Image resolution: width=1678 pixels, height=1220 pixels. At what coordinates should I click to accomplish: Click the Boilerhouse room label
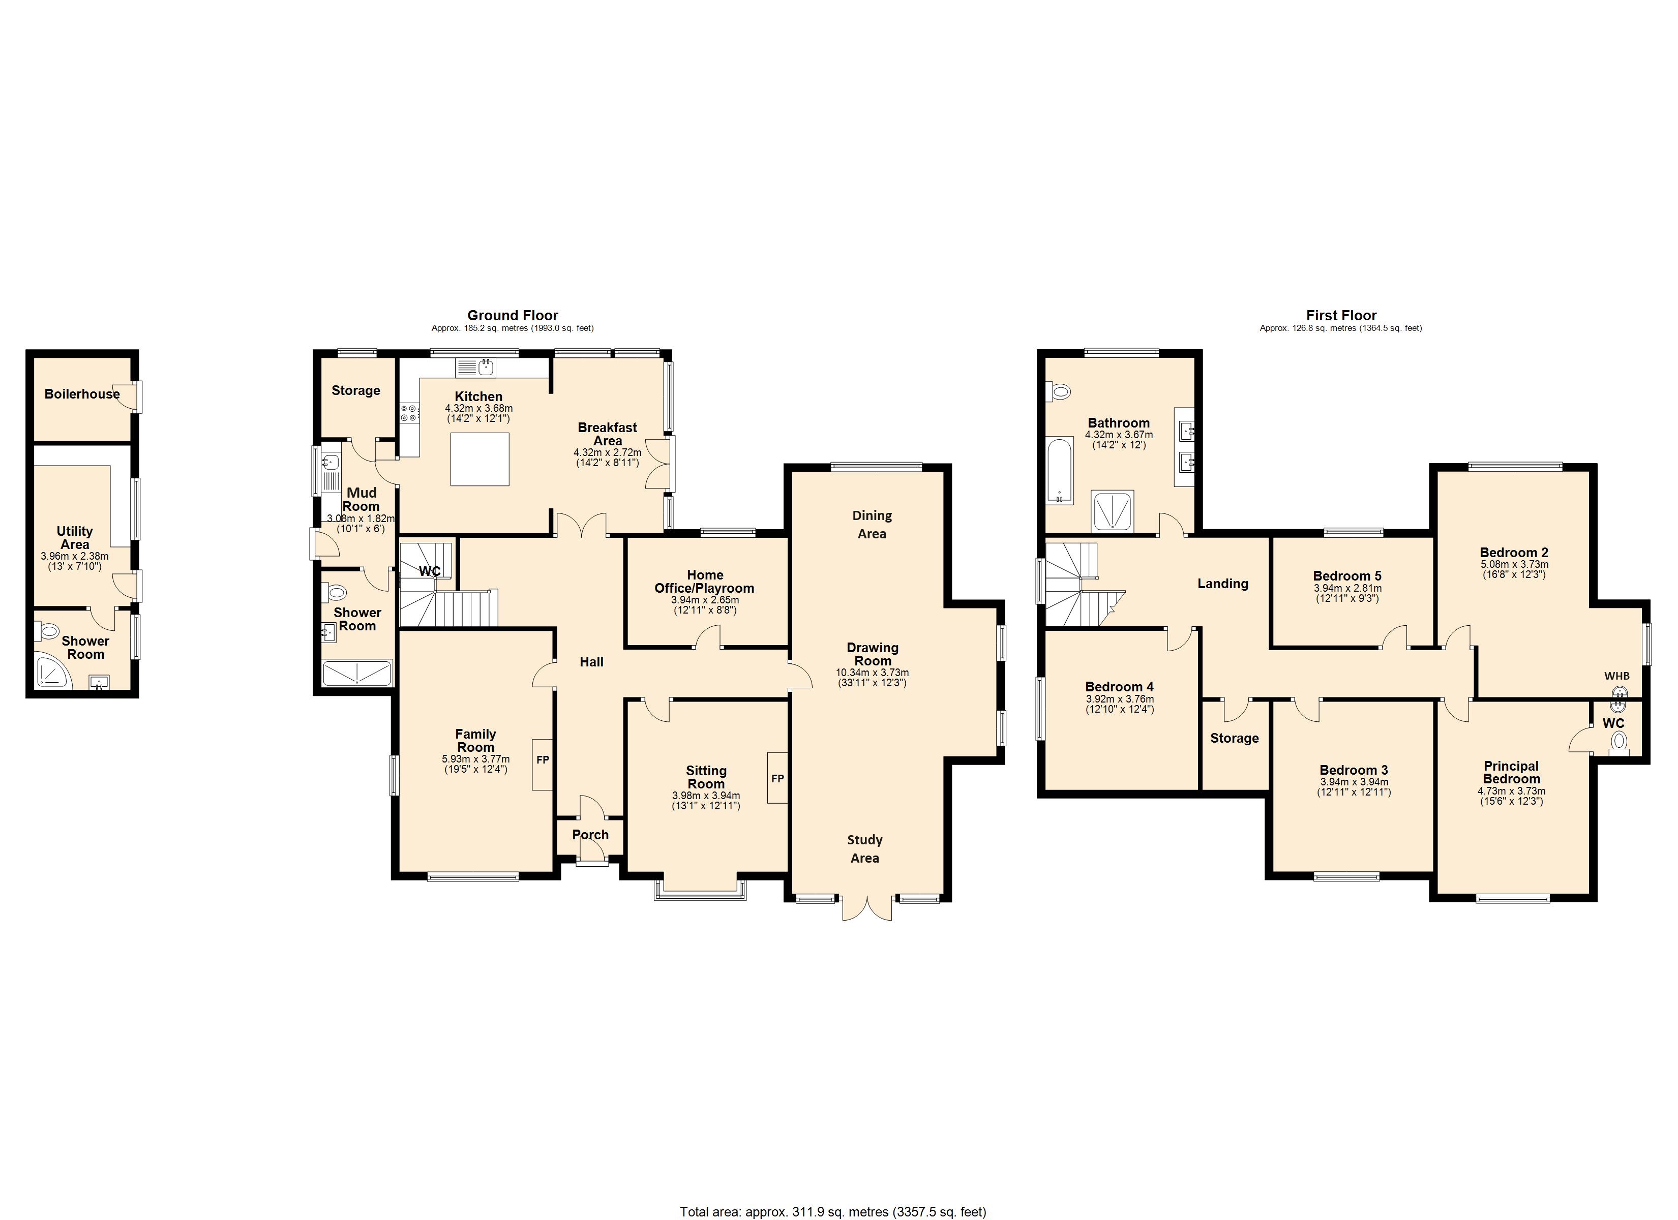tap(82, 393)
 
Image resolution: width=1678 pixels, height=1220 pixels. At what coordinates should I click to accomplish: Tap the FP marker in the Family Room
tap(543, 760)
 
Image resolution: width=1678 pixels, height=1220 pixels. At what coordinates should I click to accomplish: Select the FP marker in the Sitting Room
tap(777, 778)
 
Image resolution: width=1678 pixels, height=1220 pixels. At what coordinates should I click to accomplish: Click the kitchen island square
tap(480, 459)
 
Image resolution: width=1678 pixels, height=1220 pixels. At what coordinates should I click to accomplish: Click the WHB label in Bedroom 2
tap(1616, 676)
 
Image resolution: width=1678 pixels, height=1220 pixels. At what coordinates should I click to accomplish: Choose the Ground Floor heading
tap(513, 315)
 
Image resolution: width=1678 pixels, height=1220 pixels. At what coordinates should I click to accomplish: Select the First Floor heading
tap(1341, 315)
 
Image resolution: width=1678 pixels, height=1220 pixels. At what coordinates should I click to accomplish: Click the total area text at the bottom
tap(833, 1212)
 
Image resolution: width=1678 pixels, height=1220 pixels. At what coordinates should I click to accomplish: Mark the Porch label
tap(590, 835)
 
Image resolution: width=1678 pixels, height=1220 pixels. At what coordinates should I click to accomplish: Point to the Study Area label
tap(865, 848)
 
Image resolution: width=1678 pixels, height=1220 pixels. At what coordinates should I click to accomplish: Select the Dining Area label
tap(872, 525)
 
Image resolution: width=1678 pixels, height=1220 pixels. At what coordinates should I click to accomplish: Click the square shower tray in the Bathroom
tap(1113, 510)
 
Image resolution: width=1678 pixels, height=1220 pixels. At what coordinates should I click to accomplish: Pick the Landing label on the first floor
tap(1223, 584)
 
